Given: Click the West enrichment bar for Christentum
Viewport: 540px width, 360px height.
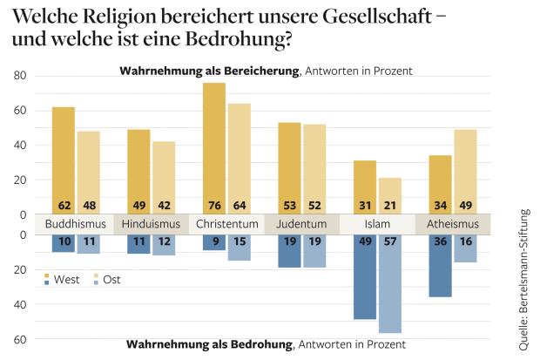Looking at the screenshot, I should click(x=214, y=148).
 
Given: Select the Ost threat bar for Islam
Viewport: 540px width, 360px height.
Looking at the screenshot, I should click(x=390, y=283).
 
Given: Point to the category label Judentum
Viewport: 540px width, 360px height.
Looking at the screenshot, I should click(x=289, y=224).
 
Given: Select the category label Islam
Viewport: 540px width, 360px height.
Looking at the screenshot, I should click(x=377, y=224).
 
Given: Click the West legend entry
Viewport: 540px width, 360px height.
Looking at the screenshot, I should click(x=66, y=279).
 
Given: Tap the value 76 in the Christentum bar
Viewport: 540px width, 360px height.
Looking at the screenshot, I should click(x=214, y=205).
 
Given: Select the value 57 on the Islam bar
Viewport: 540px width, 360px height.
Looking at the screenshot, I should click(x=390, y=242).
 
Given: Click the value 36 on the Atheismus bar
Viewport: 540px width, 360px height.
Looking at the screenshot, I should click(x=440, y=242).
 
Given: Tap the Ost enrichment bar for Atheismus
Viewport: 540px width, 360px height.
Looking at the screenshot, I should click(x=465, y=172).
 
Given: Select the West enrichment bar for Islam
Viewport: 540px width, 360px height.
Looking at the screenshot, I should click(x=365, y=187).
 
